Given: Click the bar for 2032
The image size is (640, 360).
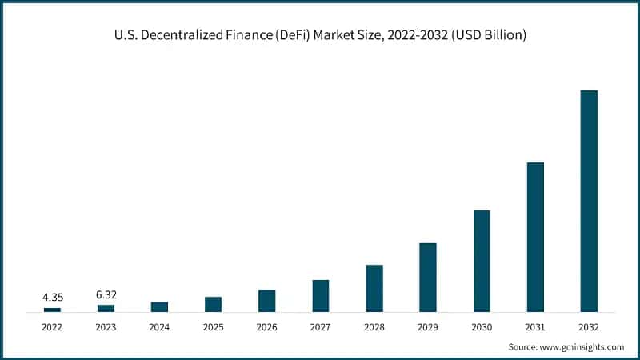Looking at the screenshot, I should [x=589, y=201].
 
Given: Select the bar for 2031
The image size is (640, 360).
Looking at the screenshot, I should [x=535, y=237].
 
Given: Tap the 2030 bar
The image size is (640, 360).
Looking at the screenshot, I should [x=482, y=261].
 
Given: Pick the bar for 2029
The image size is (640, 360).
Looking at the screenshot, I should [x=428, y=277].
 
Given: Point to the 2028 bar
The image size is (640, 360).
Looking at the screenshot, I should [x=374, y=288].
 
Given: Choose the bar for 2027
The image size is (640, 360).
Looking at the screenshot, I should [x=321, y=295].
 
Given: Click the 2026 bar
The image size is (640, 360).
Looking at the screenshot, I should [x=267, y=300].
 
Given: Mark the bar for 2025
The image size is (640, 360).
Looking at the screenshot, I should [x=213, y=304].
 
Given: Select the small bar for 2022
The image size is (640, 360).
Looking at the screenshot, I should [x=52, y=309].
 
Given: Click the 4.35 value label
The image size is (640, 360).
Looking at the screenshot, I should [x=53, y=298].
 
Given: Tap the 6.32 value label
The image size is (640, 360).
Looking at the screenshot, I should [x=106, y=294].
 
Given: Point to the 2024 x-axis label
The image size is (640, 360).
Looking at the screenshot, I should [x=159, y=327].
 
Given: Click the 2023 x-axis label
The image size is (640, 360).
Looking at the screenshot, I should [x=106, y=327].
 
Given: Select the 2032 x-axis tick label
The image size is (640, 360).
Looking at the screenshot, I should [x=589, y=327].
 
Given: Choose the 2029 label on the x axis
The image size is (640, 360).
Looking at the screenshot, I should [x=428, y=327].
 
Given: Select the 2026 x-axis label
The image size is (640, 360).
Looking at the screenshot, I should [x=267, y=327].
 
